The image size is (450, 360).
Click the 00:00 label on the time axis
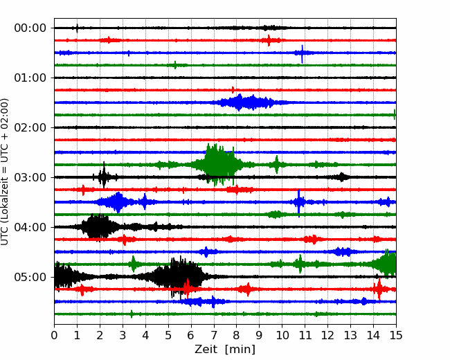[x=30, y=28]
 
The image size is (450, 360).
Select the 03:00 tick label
[x=30, y=177]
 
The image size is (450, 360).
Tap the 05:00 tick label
[x=30, y=277]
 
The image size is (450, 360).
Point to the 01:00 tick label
[x=30, y=78]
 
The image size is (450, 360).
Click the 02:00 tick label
[x=30, y=127]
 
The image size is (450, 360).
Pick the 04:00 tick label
[x=30, y=227]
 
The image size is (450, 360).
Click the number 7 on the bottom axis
[x=213, y=335]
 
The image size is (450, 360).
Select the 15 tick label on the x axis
[x=396, y=335]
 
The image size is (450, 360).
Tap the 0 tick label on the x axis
[x=54, y=335]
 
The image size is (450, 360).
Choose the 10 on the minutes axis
[x=282, y=335]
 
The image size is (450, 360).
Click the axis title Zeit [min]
[x=225, y=350]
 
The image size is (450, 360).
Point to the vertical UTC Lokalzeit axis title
[x=4, y=172]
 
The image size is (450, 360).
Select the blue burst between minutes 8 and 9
[x=245, y=102]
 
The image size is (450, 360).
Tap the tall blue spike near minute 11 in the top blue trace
[x=302, y=54]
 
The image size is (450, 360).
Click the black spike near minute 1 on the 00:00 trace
[x=77, y=28]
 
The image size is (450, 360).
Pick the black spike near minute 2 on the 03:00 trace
[x=104, y=175]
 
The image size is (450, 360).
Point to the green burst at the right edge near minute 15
[x=386, y=264]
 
